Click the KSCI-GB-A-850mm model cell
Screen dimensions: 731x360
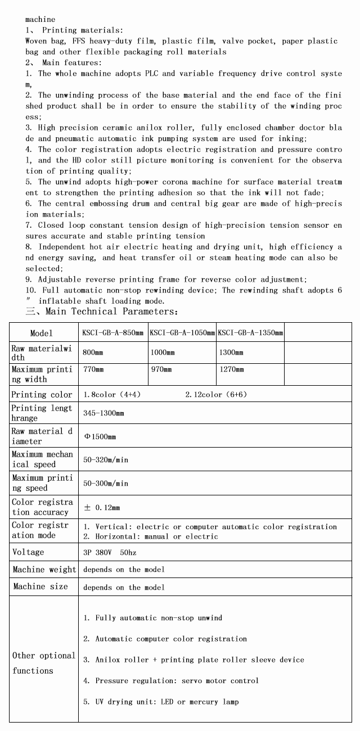coord(113,333)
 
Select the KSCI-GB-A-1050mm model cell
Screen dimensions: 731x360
coord(182,333)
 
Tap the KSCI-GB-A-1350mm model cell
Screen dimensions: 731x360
coord(250,333)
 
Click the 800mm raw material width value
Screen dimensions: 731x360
coord(93,353)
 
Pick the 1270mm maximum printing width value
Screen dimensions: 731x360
coord(231,369)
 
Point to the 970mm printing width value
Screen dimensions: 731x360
coord(161,369)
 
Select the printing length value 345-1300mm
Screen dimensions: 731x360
coord(103,413)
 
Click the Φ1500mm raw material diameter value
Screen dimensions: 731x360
coord(100,437)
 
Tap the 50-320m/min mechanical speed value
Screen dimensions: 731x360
coord(106,460)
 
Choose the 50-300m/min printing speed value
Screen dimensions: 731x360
coord(106,484)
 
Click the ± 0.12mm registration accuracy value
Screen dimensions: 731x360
coord(102,507)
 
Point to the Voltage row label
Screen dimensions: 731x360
coord(28,552)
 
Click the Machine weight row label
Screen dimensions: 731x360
coord(44,570)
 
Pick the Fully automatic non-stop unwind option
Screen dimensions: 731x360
coord(153,618)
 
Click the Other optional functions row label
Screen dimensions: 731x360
coord(43,663)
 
